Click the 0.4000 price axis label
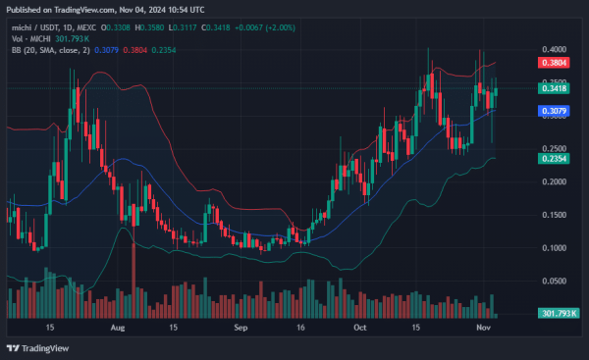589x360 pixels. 556,49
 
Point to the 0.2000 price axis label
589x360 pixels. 556,181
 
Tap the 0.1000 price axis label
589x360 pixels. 556,247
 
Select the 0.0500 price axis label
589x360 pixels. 556,281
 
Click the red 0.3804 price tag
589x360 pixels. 556,62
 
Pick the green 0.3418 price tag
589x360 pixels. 556,88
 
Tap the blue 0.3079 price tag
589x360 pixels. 556,111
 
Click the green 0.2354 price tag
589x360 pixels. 556,158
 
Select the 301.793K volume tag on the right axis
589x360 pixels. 555,315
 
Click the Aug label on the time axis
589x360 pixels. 119,327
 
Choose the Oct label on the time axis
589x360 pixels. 359,327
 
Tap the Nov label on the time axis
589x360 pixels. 483,327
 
